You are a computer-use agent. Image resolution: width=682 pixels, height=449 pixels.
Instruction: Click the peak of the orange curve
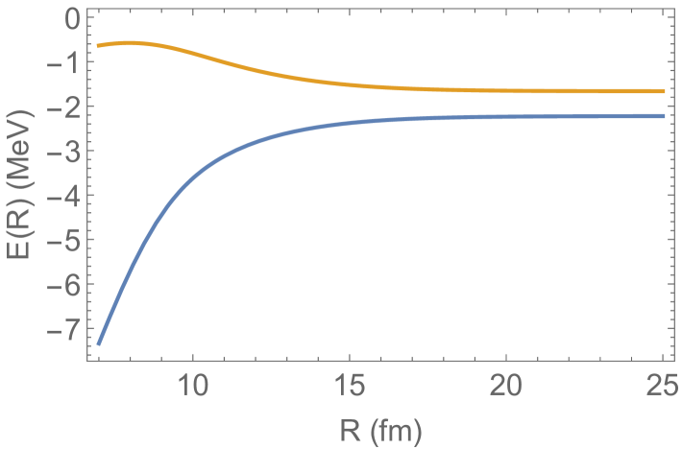point(130,42)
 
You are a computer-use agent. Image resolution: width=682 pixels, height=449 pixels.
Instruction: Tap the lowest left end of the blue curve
point(99,343)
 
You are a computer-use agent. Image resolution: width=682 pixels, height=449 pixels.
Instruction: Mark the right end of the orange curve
point(664,91)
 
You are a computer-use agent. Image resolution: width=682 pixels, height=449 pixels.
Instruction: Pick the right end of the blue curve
point(664,116)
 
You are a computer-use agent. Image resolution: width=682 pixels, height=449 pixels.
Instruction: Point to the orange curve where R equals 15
point(350,84)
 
